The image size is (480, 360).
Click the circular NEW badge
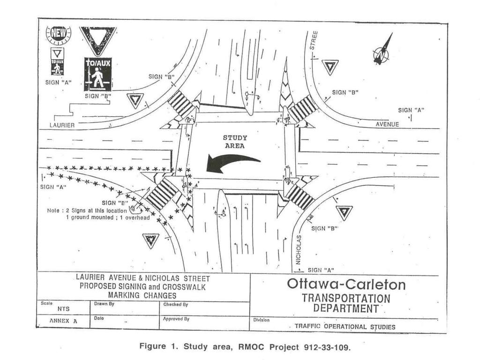(x=58, y=34)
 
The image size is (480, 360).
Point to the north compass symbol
(x=382, y=51)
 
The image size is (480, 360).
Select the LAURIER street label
(x=62, y=125)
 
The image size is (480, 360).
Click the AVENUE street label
(x=387, y=124)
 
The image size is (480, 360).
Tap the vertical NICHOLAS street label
(x=299, y=249)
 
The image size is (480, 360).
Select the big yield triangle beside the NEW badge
(x=97, y=38)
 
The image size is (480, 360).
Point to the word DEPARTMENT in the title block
(x=346, y=308)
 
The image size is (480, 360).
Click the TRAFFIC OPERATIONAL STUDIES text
(x=345, y=326)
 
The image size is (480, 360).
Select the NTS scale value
(x=63, y=309)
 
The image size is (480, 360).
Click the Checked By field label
(x=176, y=305)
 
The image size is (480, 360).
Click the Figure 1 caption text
(x=245, y=346)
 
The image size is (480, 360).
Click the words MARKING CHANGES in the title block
(x=142, y=295)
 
